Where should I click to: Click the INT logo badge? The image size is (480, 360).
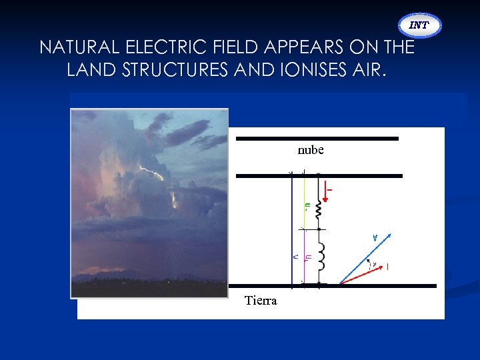[x=419, y=25]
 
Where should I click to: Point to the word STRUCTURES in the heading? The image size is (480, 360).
[x=173, y=70]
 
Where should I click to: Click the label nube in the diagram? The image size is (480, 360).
[x=311, y=150]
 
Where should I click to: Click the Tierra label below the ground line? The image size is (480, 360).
[x=261, y=300]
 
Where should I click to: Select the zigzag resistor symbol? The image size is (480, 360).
[x=318, y=209]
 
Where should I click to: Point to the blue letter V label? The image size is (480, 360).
[x=375, y=237]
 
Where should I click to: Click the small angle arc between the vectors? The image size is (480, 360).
[x=369, y=267]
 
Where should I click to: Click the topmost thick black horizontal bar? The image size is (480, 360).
[x=317, y=139]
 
